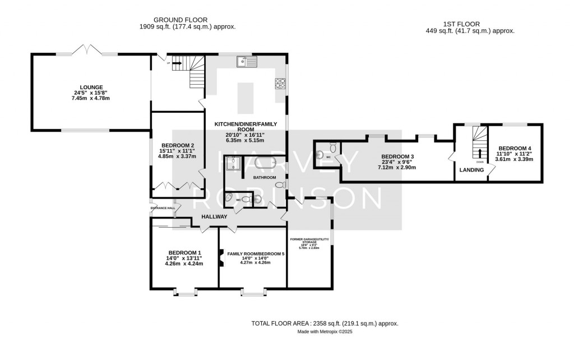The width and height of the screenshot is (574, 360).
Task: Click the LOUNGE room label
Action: [91, 87]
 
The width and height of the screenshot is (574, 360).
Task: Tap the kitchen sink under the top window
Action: [246, 61]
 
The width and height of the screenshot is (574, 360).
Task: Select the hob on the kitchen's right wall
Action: [280, 84]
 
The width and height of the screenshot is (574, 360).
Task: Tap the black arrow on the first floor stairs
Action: [479, 153]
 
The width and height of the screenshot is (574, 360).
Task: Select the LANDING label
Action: [471, 169]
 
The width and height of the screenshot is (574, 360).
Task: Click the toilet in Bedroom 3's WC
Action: [333, 147]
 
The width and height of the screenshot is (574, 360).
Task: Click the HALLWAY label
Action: [214, 216]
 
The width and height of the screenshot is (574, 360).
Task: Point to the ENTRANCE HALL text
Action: [163, 208]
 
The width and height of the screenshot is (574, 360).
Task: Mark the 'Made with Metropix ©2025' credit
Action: [325, 333]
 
